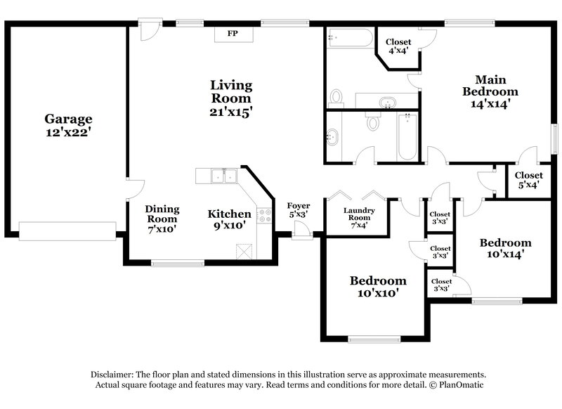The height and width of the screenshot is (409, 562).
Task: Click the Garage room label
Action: coord(69,119)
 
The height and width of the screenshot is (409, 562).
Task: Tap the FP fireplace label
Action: coord(233,33)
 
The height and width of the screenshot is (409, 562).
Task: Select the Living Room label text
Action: coord(231,92)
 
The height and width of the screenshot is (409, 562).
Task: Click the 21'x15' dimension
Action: coord(231,111)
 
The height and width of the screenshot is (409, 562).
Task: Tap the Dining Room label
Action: coord(162,214)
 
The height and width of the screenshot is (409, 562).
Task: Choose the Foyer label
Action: coord(298,206)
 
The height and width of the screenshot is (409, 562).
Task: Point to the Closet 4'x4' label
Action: coord(399,46)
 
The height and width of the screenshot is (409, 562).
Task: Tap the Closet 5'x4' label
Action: coord(528,181)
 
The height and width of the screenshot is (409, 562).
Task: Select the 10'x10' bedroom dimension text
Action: coord(378,293)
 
